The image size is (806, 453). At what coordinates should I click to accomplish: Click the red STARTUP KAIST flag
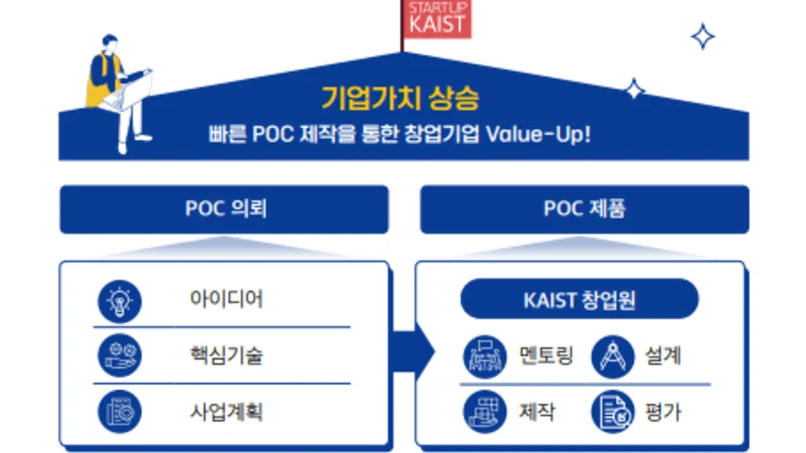pos(437,19)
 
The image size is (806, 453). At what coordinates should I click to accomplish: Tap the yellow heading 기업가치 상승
pos(400,98)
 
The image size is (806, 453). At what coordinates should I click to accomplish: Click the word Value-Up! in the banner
pos(538,134)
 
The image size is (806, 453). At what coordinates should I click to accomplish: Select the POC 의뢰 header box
pos(224,210)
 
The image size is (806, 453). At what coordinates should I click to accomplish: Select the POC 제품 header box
pos(584,210)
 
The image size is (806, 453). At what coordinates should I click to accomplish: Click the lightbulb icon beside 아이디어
pos(120,301)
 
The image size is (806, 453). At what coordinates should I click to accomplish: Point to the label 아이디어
pos(226,299)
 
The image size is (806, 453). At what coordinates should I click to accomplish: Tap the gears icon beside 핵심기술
pos(120,356)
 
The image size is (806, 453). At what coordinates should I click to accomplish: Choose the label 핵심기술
pos(226,356)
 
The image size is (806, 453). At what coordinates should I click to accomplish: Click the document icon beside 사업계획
pos(120,412)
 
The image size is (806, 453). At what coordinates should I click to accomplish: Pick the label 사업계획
pos(226,412)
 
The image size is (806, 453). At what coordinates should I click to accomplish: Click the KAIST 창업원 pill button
pos(579,299)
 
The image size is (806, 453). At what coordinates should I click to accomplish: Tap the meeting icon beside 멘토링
pos(484,357)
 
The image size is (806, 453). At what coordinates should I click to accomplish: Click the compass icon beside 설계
pos(613,357)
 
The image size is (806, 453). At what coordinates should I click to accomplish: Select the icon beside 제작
pos(484,412)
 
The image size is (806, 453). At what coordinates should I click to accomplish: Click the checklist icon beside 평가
pos(613,412)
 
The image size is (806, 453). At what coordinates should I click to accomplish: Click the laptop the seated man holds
pos(129,92)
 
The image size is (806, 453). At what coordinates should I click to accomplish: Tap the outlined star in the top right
pos(703,36)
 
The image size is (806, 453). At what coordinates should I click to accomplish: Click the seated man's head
pos(109,43)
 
